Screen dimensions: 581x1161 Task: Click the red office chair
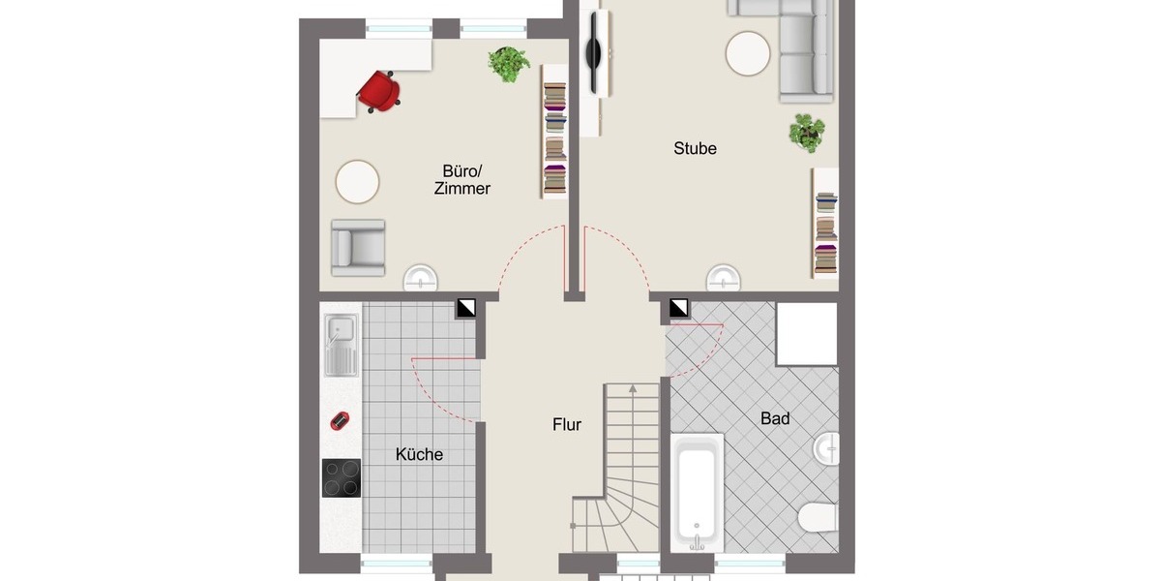(379, 90)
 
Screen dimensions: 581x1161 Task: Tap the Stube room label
(695, 149)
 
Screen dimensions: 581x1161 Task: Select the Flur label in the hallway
(567, 424)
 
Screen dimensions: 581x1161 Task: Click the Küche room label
(419, 454)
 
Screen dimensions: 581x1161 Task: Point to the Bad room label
(775, 419)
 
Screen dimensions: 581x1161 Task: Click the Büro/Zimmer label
(461, 180)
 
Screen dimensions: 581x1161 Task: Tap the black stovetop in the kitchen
(342, 478)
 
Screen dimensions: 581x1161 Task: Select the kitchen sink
(340, 346)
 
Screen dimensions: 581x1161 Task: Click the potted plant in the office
(509, 64)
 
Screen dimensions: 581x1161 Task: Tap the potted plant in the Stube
(806, 132)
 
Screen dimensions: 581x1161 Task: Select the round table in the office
(357, 182)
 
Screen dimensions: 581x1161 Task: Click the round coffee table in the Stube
(749, 53)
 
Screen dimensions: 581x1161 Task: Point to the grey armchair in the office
(358, 246)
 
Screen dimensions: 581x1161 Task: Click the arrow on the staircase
(632, 389)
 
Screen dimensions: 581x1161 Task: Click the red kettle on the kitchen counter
(340, 420)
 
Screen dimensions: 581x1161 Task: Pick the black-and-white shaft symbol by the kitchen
(467, 308)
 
